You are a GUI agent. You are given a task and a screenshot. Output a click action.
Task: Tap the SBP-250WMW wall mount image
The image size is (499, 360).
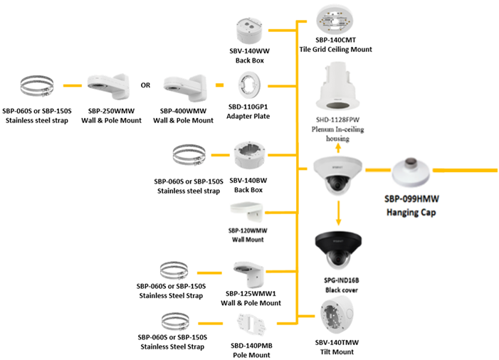coord(107,88)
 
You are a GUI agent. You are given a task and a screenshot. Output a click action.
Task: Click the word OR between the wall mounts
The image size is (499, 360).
coord(145,85)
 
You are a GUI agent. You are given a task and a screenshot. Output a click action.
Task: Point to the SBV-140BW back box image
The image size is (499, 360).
coord(250,157)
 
